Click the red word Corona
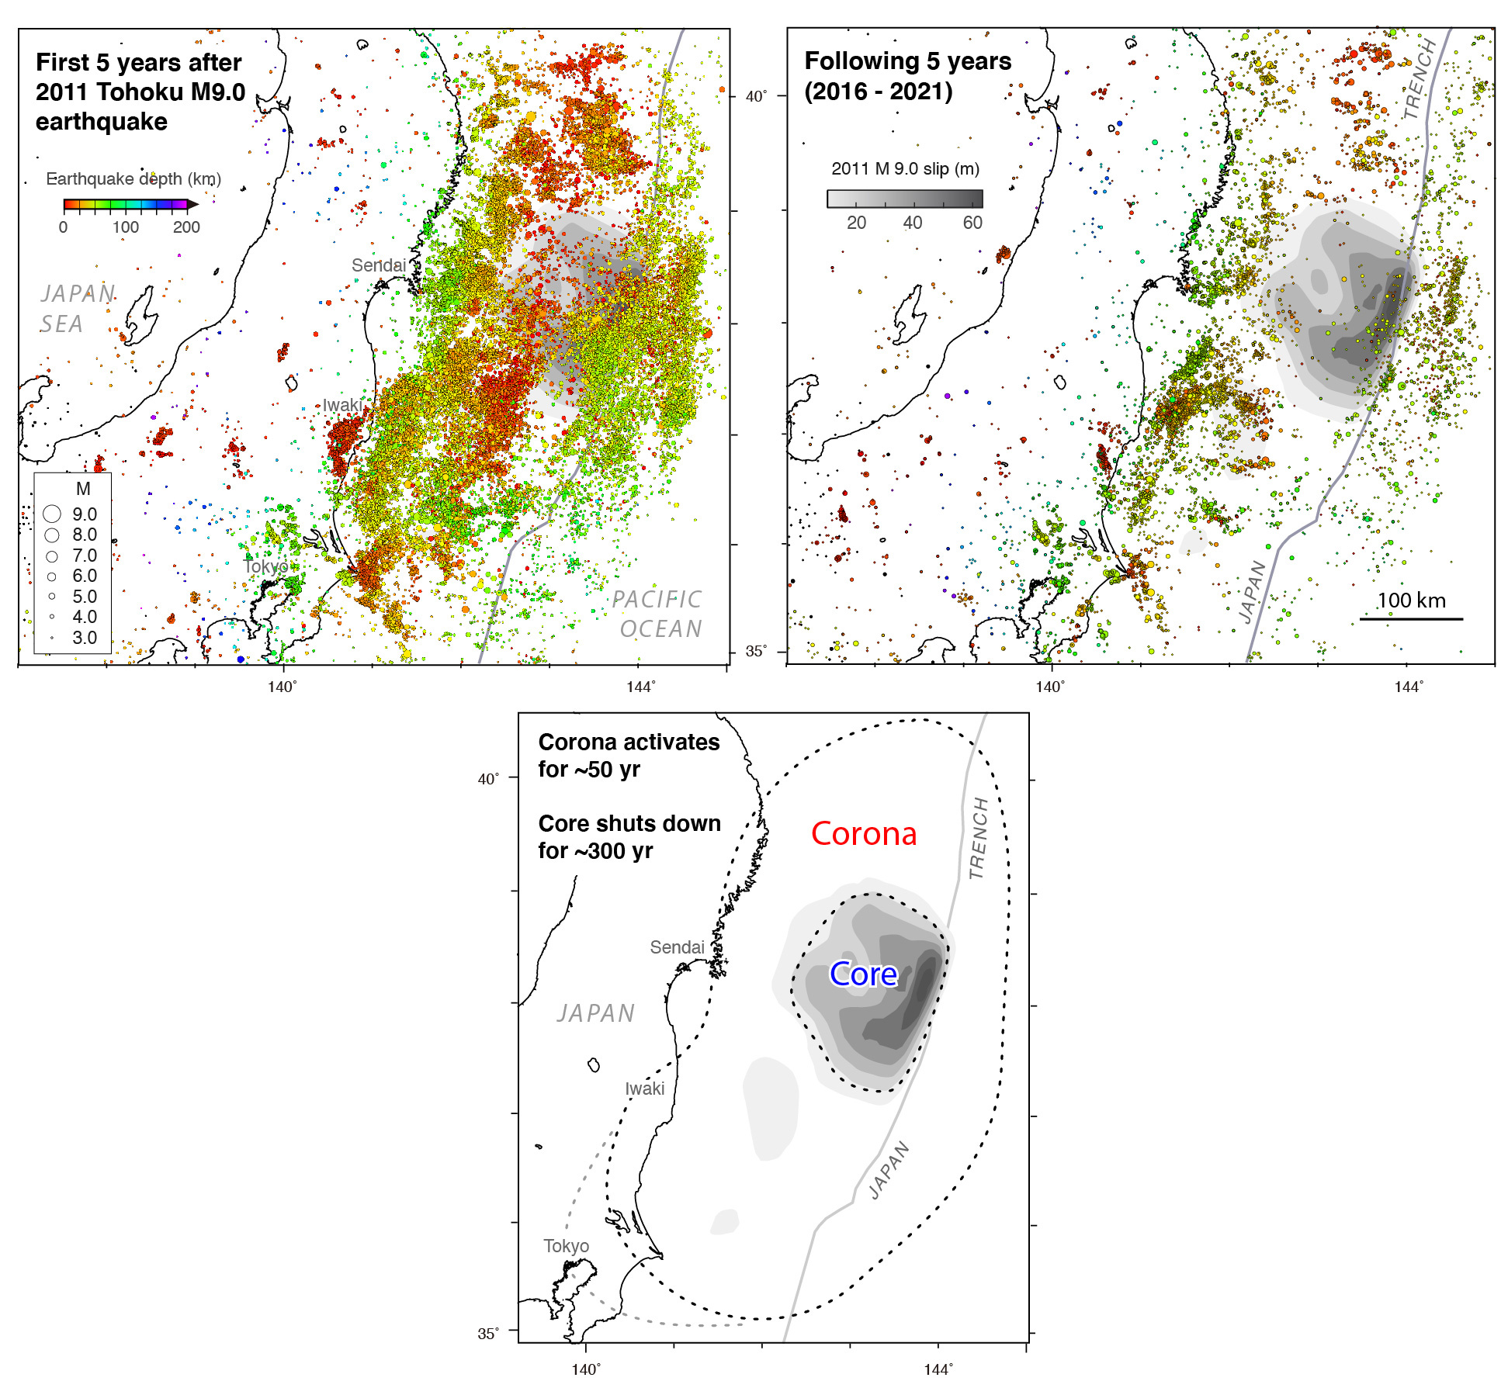pyautogui.click(x=864, y=834)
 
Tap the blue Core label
pyautogui.click(x=863, y=974)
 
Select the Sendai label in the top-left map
pyautogui.click(x=379, y=265)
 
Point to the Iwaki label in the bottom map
pyautogui.click(x=645, y=1089)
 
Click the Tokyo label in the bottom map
pyautogui.click(x=566, y=1246)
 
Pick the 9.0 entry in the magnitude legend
pyautogui.click(x=85, y=514)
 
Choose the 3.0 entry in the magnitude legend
pyautogui.click(x=85, y=638)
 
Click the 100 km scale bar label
pyautogui.click(x=1411, y=601)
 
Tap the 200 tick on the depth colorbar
pyautogui.click(x=186, y=227)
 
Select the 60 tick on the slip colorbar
pyautogui.click(x=972, y=223)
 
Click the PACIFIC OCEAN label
pyautogui.click(x=658, y=614)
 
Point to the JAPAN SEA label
pyautogui.click(x=77, y=308)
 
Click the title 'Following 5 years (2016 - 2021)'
pyautogui.click(x=907, y=76)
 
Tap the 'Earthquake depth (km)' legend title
pyautogui.click(x=133, y=179)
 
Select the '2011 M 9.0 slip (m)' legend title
pyautogui.click(x=905, y=169)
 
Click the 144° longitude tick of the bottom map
pyautogui.click(x=938, y=1369)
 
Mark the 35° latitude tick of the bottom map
pyautogui.click(x=487, y=1334)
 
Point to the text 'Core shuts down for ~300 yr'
pyautogui.click(x=629, y=837)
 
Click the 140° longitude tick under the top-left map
pyautogui.click(x=282, y=687)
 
